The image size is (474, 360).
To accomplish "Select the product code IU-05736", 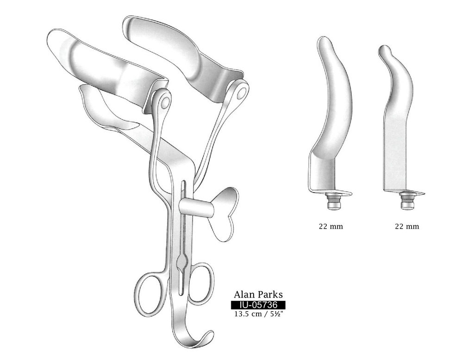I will click(x=258, y=305).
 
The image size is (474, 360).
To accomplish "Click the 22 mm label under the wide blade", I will click(x=331, y=227).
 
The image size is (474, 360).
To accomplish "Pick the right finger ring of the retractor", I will click(x=202, y=283).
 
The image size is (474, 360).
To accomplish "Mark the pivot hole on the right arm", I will click(x=241, y=92).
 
